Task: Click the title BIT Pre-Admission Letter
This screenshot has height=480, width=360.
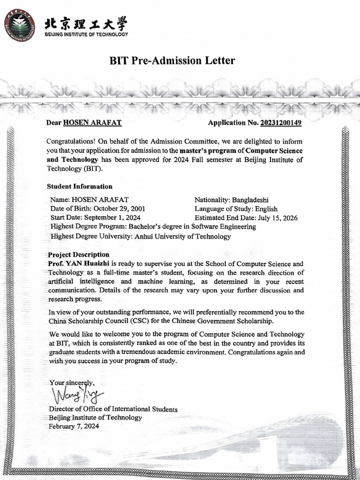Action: [x=172, y=60]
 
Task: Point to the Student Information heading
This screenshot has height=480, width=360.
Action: [x=80, y=186]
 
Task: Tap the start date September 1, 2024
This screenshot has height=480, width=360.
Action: [x=112, y=217]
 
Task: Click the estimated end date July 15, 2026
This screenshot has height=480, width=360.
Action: [x=277, y=217]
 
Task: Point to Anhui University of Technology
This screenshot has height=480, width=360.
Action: [x=182, y=236]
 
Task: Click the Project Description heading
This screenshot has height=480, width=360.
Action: [x=78, y=255]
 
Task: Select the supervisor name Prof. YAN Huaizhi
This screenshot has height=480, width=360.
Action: [x=79, y=263]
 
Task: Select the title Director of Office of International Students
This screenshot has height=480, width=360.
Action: [x=113, y=409]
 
